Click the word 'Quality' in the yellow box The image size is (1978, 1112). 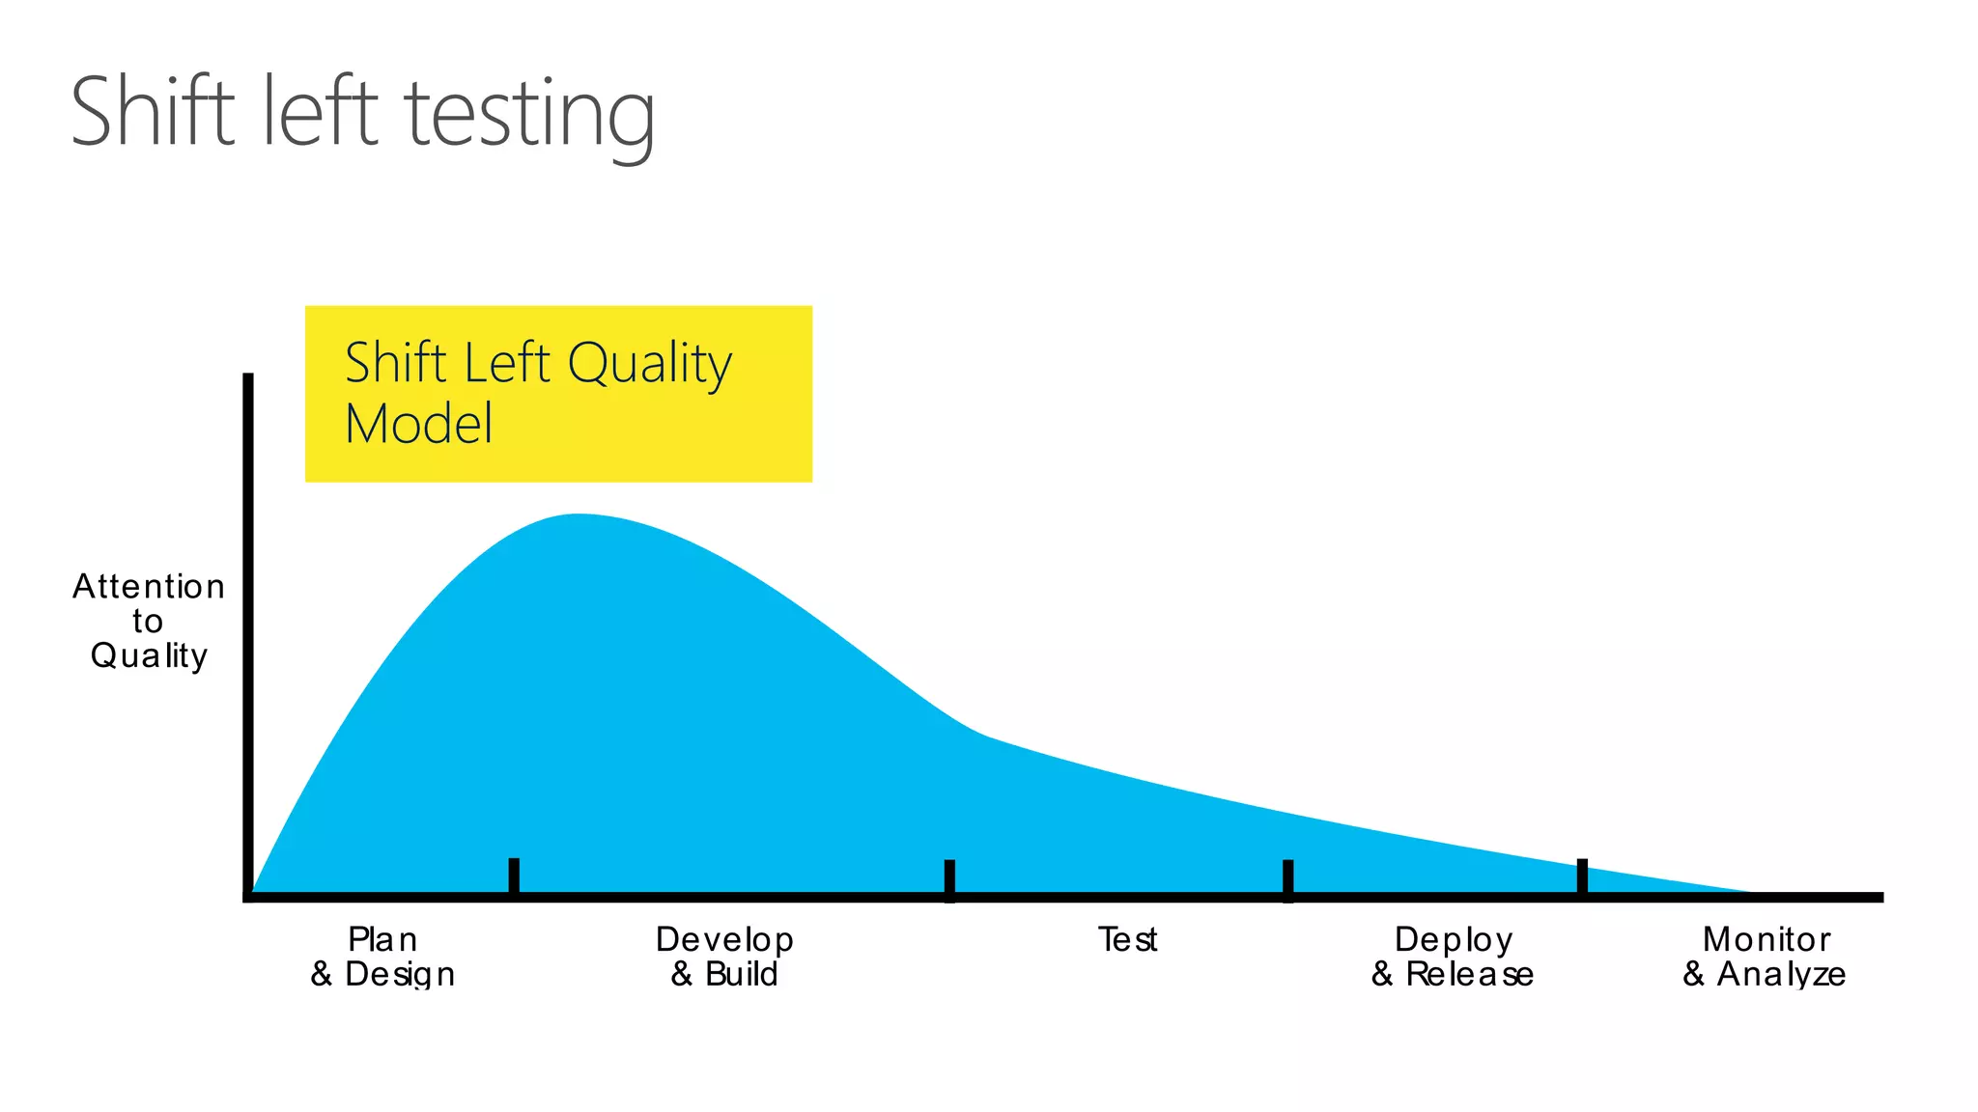point(649,365)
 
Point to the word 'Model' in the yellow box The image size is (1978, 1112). point(418,425)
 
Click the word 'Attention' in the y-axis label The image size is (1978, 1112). point(149,587)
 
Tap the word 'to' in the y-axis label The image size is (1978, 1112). point(148,622)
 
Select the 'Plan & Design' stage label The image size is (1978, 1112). point(382,957)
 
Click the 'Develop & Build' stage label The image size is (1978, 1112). point(724,957)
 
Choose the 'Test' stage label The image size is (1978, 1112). point(1127,939)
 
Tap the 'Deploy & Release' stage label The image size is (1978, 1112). point(1453,957)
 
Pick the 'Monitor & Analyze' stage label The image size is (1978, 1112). point(1765,957)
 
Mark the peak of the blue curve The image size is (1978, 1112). point(577,515)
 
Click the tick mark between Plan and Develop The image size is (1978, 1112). point(514,876)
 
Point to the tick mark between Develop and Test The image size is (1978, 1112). point(949,879)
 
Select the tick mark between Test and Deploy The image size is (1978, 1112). point(1287,879)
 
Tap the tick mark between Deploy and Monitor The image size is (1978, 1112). point(1582,876)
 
